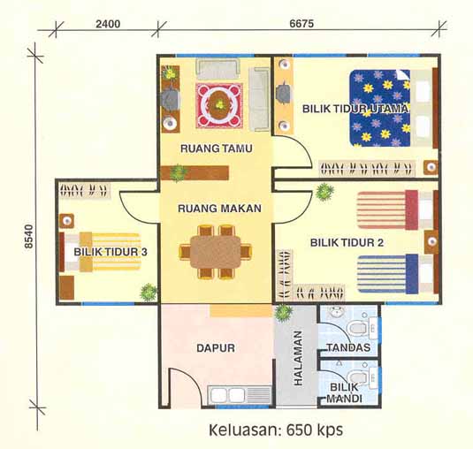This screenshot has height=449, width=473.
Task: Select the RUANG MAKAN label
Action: click(213, 209)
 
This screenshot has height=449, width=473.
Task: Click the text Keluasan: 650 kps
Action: click(275, 430)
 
